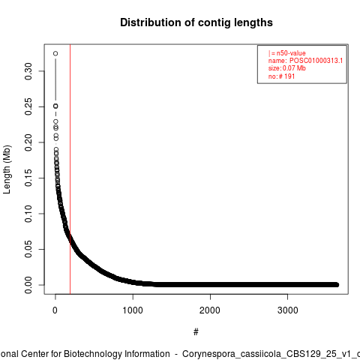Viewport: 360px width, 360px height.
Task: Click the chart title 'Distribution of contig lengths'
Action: click(x=196, y=22)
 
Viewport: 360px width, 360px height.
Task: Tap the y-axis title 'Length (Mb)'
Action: click(x=7, y=169)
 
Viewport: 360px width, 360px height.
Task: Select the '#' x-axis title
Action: click(x=196, y=332)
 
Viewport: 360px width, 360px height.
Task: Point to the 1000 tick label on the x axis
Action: click(x=133, y=310)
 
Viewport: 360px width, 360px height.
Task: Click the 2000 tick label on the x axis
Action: click(x=210, y=310)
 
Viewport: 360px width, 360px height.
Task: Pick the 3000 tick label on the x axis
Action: click(x=288, y=310)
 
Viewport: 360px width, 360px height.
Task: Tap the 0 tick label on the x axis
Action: click(x=55, y=310)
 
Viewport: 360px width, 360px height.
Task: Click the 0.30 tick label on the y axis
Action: click(x=28, y=71)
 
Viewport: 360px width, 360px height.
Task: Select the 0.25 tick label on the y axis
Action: click(x=28, y=106)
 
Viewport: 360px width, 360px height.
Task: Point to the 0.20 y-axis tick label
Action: click(x=28, y=142)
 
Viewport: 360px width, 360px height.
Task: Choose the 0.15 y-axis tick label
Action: click(x=28, y=178)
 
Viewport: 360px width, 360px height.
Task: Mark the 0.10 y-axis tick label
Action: click(x=28, y=214)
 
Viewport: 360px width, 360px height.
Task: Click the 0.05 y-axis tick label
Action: click(x=28, y=249)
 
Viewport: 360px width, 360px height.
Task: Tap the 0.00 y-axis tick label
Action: click(x=28, y=285)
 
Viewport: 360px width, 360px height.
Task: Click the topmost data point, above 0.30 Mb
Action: click(x=55, y=53)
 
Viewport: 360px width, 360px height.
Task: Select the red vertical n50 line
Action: click(x=70, y=169)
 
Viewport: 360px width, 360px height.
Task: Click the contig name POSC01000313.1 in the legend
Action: click(x=316, y=61)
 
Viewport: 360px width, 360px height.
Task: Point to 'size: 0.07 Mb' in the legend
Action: click(x=287, y=68)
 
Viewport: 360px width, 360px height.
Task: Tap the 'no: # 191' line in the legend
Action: click(x=281, y=76)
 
